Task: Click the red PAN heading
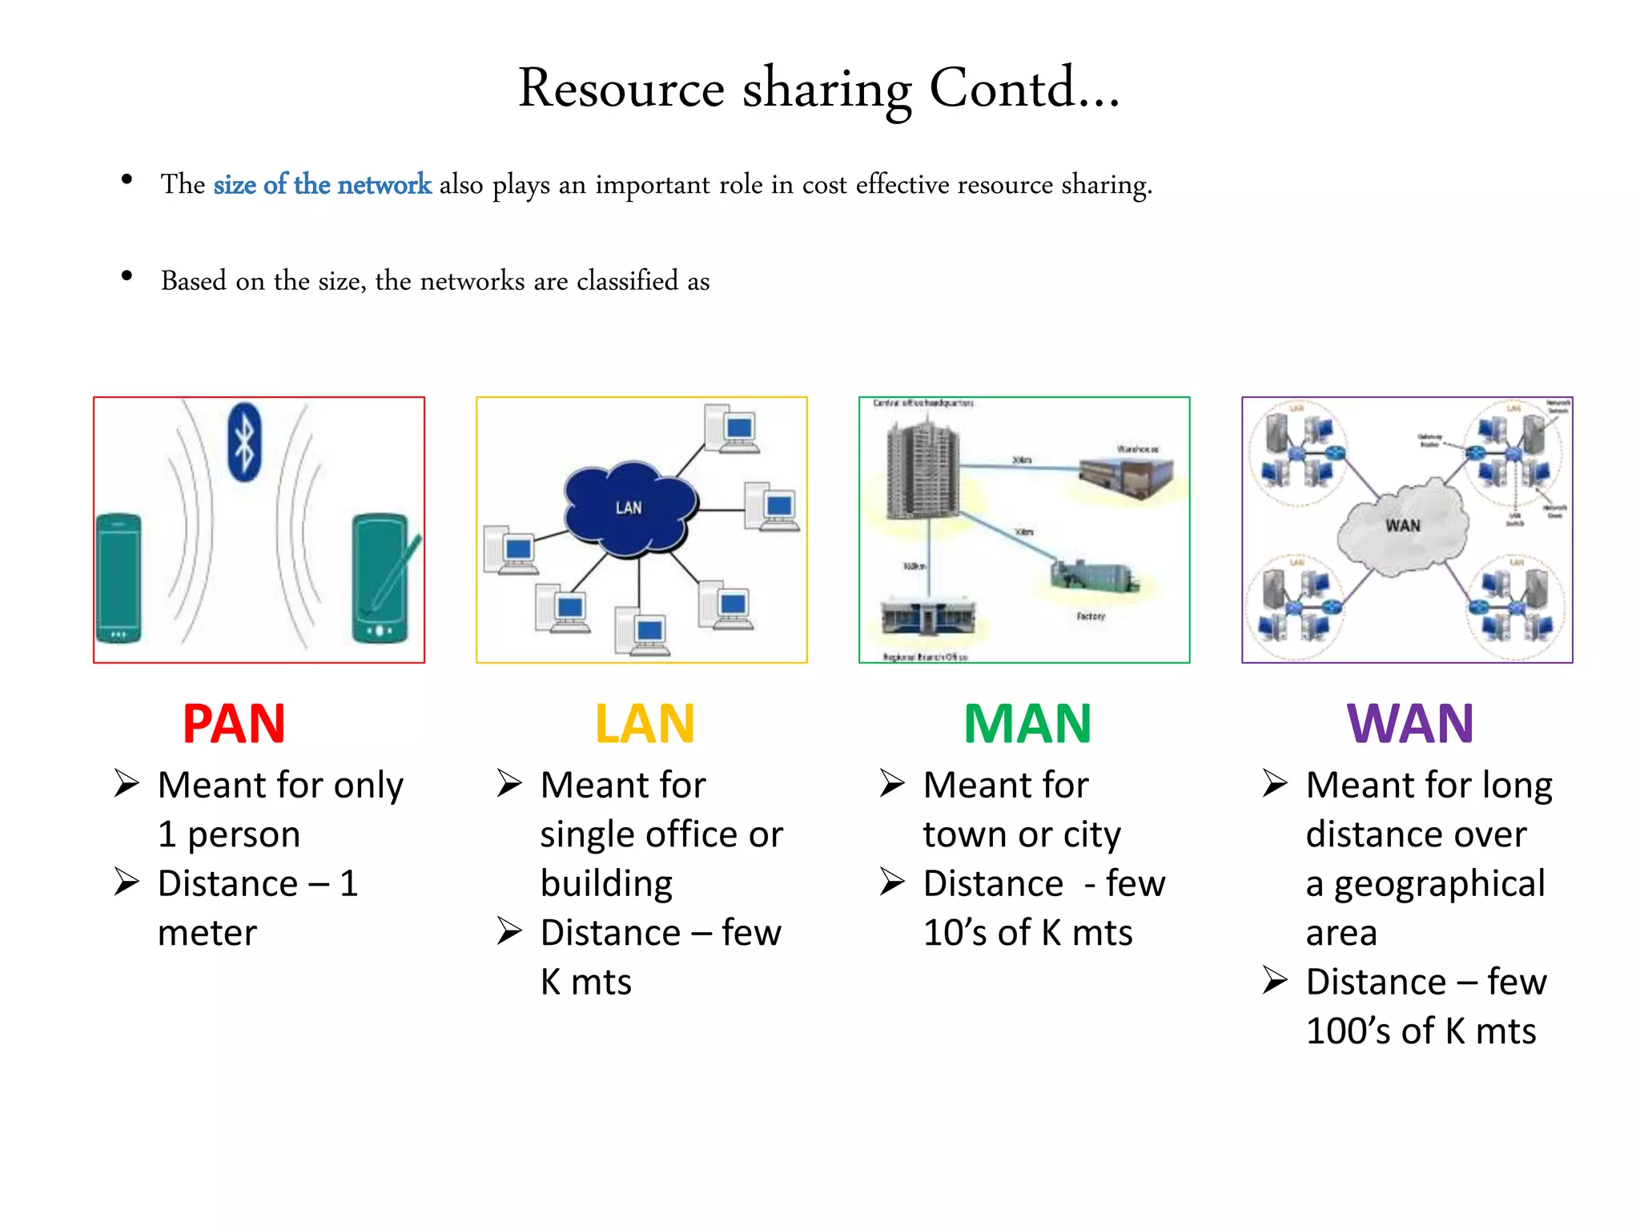pyautogui.click(x=234, y=724)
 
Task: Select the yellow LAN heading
pyautogui.click(x=645, y=724)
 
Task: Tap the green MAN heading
pyautogui.click(x=1027, y=724)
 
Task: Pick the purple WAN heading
pyautogui.click(x=1410, y=724)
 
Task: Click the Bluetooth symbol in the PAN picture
pyautogui.click(x=244, y=442)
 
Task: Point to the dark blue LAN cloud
pyautogui.click(x=629, y=508)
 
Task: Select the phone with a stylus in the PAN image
pyautogui.click(x=382, y=578)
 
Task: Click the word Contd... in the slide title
pyautogui.click(x=1023, y=88)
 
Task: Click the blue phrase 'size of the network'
pyautogui.click(x=322, y=185)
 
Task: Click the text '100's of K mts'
pyautogui.click(x=1421, y=1031)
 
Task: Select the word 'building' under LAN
pyautogui.click(x=606, y=884)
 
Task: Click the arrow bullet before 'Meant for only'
pyautogui.click(x=127, y=783)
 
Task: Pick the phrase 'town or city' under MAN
pyautogui.click(x=1021, y=835)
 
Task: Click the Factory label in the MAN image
pyautogui.click(x=1091, y=616)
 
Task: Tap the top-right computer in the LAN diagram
pyautogui.click(x=731, y=428)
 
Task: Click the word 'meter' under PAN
pyautogui.click(x=207, y=934)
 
